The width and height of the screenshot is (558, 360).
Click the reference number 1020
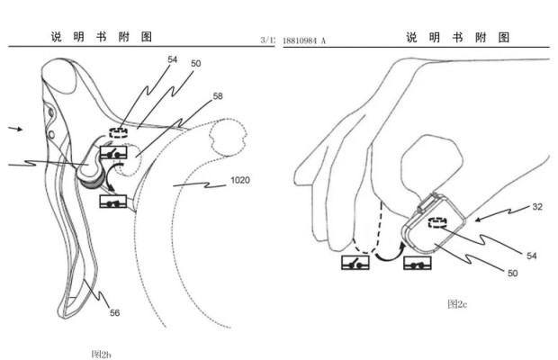coord(239,180)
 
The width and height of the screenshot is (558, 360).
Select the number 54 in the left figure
coord(173,59)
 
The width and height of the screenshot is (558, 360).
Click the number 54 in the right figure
coord(531,256)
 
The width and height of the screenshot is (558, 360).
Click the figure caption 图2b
coord(101,354)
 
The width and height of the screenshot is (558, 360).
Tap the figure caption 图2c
coord(457,304)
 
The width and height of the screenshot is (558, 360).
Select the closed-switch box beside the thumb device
coord(417,264)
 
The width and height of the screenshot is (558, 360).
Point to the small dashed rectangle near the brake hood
coord(119,131)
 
